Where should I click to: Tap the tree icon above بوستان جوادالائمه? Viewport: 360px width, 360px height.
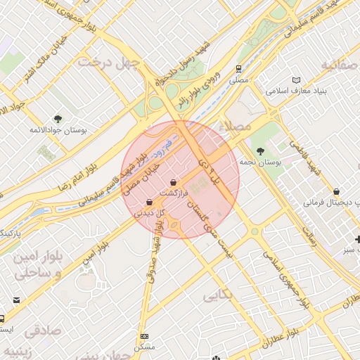coord(58,120)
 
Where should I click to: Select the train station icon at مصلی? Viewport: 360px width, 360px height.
coord(239,70)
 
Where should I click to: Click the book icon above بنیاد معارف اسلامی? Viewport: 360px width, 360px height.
coord(296,80)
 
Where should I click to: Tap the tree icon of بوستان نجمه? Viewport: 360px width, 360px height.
coord(260,151)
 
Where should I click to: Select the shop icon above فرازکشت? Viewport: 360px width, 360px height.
coord(173,182)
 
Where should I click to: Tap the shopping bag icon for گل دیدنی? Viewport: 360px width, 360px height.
coord(149,202)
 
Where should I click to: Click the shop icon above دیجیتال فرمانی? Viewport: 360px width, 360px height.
coord(337,191)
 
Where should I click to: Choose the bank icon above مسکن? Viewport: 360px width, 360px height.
coord(145,337)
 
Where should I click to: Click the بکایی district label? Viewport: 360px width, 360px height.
coord(217,296)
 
